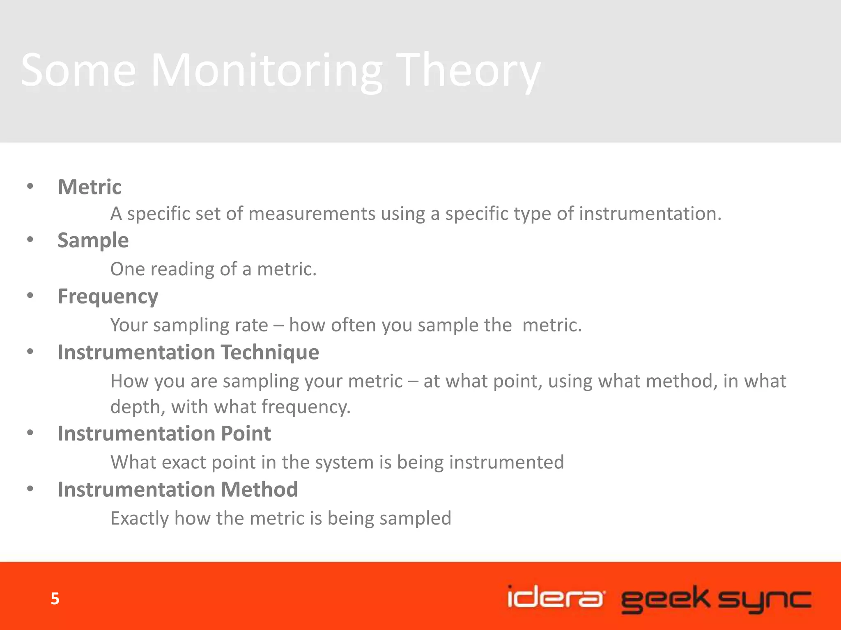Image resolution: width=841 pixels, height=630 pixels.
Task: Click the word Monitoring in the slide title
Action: [x=266, y=71]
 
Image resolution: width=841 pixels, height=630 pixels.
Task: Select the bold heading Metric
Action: [x=90, y=187]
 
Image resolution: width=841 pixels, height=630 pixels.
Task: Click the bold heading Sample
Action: [x=93, y=240]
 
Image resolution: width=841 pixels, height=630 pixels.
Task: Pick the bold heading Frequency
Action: [x=108, y=297]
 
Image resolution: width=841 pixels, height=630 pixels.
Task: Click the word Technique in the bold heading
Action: [x=270, y=352]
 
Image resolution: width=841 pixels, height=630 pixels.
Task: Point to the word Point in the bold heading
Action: [x=246, y=434]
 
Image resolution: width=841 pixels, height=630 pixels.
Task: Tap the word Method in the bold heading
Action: [x=259, y=489]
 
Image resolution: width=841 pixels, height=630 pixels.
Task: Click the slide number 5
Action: [x=55, y=599]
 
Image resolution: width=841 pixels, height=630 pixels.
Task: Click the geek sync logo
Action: [x=716, y=599]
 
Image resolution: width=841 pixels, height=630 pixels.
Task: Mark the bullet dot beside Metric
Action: [x=30, y=187]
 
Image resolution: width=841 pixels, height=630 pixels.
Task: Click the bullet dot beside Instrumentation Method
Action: [x=30, y=488]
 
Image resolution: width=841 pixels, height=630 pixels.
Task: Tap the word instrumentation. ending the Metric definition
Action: [x=650, y=214]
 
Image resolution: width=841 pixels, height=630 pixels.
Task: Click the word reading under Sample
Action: [x=182, y=269]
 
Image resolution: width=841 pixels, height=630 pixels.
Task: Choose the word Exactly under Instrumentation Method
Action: [x=140, y=518]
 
